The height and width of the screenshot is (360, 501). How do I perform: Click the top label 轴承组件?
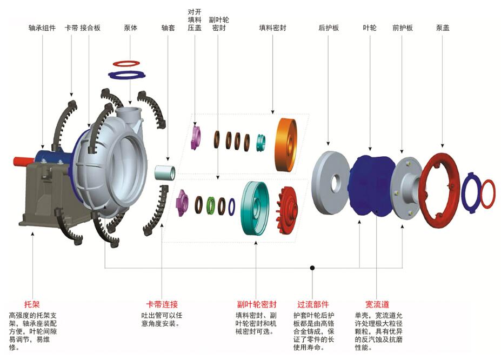43,28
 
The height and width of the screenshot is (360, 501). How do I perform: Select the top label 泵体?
130,28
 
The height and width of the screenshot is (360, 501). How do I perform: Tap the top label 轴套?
168,28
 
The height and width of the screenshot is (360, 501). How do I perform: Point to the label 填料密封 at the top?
272,28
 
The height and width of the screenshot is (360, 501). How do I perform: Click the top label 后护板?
329,28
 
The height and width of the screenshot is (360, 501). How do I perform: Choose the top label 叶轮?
370,28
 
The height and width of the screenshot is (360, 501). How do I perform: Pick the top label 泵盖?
443,28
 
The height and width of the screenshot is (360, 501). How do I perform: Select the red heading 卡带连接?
162,304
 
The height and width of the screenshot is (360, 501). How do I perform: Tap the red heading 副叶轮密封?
257,304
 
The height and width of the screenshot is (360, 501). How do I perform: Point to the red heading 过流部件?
313,304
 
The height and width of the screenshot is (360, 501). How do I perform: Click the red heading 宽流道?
377,304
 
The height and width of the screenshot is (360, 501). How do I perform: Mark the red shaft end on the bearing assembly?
23,161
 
